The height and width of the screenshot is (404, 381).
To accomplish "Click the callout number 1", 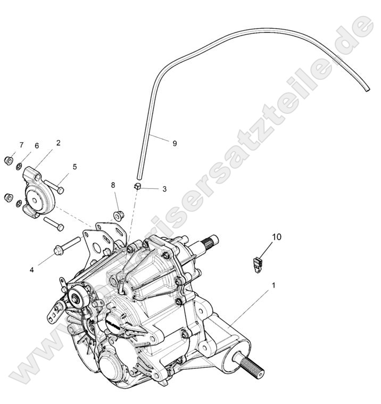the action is click(274, 285).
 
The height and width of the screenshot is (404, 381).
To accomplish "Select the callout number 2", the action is click(58, 143).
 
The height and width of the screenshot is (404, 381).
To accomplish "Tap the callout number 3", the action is click(164, 188).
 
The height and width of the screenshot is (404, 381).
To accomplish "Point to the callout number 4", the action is click(32, 270).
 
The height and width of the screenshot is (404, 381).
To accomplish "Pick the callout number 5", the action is click(74, 167).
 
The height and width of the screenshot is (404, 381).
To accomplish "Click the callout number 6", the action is click(37, 146).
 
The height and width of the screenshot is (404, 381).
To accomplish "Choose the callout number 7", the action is click(21, 145).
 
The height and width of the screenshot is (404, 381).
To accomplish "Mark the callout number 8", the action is click(113, 185).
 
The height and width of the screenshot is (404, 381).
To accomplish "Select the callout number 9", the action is click(175, 143).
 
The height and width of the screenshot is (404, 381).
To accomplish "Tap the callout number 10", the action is click(277, 236).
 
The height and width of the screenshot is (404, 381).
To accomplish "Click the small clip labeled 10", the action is click(257, 262).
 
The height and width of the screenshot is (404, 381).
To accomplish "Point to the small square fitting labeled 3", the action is click(136, 186).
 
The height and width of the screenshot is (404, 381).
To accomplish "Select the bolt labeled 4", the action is click(66, 245).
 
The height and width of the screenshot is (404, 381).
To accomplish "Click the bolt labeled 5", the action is click(54, 186).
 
